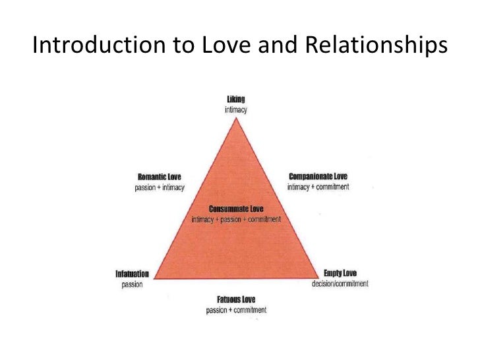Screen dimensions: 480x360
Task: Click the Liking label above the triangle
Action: click(235, 100)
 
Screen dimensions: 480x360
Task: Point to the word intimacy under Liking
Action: click(235, 110)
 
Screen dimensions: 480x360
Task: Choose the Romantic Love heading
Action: click(159, 177)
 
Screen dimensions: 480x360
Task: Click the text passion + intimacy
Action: click(159, 187)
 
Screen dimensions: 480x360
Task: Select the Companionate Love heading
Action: click(318, 176)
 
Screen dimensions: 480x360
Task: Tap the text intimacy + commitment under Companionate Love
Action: click(318, 187)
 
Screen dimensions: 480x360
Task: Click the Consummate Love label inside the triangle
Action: click(236, 209)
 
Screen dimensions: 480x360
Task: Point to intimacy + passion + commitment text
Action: click(236, 220)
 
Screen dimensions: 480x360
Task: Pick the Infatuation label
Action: click(133, 274)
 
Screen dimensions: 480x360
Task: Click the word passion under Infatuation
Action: click(133, 285)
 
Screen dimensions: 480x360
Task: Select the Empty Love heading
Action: click(340, 273)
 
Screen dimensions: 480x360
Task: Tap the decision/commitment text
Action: click(340, 284)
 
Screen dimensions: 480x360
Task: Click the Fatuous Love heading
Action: click(236, 299)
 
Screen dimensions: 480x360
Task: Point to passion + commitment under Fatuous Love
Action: click(236, 310)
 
